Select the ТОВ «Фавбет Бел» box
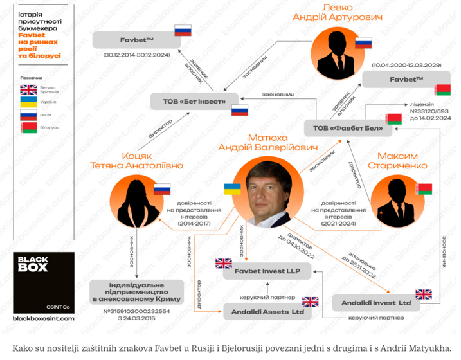pyautogui.click(x=347, y=128)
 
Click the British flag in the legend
pyautogui.click(x=29, y=89)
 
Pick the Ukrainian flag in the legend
pyautogui.click(x=29, y=102)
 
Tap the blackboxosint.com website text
pyautogui.click(x=44, y=318)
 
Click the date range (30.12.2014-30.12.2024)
pyautogui.click(x=136, y=55)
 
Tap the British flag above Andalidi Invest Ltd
pyautogui.click(x=424, y=293)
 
